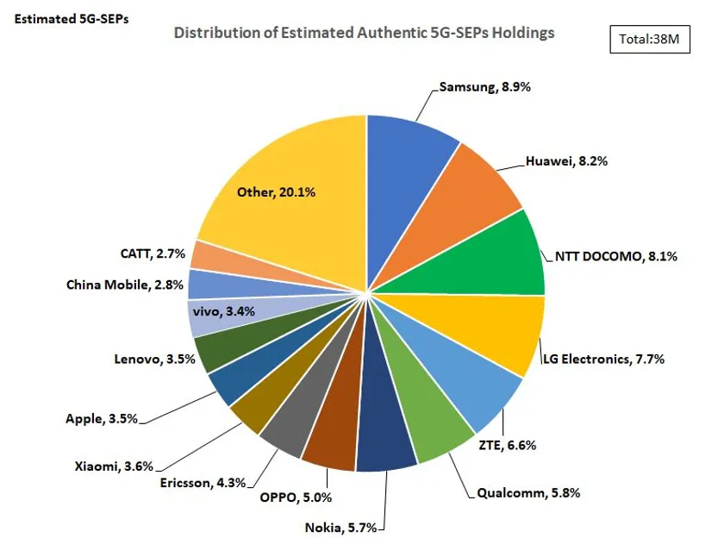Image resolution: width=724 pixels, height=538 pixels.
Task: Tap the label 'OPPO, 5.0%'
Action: tap(296, 497)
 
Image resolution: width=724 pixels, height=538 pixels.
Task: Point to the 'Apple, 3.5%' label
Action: tap(102, 420)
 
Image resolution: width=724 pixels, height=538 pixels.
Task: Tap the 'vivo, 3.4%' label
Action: tap(226, 311)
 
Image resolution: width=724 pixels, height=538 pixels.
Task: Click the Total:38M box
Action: tap(650, 39)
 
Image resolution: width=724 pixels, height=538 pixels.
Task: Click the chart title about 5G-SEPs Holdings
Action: tap(364, 32)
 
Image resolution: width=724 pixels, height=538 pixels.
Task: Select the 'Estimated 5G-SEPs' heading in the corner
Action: tap(72, 18)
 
